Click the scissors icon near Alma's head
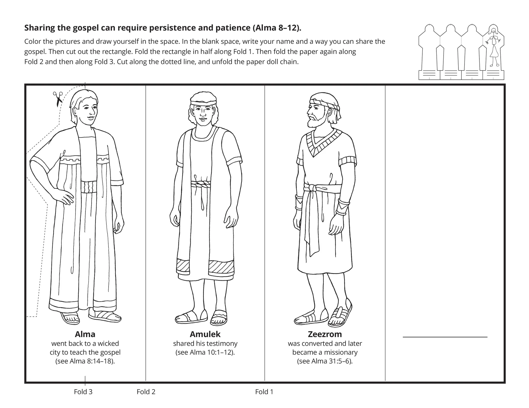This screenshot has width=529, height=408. tap(58, 99)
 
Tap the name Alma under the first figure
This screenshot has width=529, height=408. tap(85, 334)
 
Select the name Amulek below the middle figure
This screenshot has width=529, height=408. tap(205, 334)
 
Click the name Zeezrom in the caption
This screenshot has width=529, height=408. tap(325, 334)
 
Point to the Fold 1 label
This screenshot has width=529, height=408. tap(264, 392)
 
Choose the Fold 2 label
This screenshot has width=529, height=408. tap(146, 392)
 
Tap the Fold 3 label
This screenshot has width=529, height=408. tap(83, 392)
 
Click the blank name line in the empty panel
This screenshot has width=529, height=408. tap(445, 337)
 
